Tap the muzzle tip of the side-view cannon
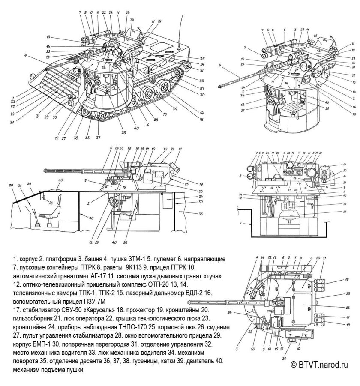(44, 172)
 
